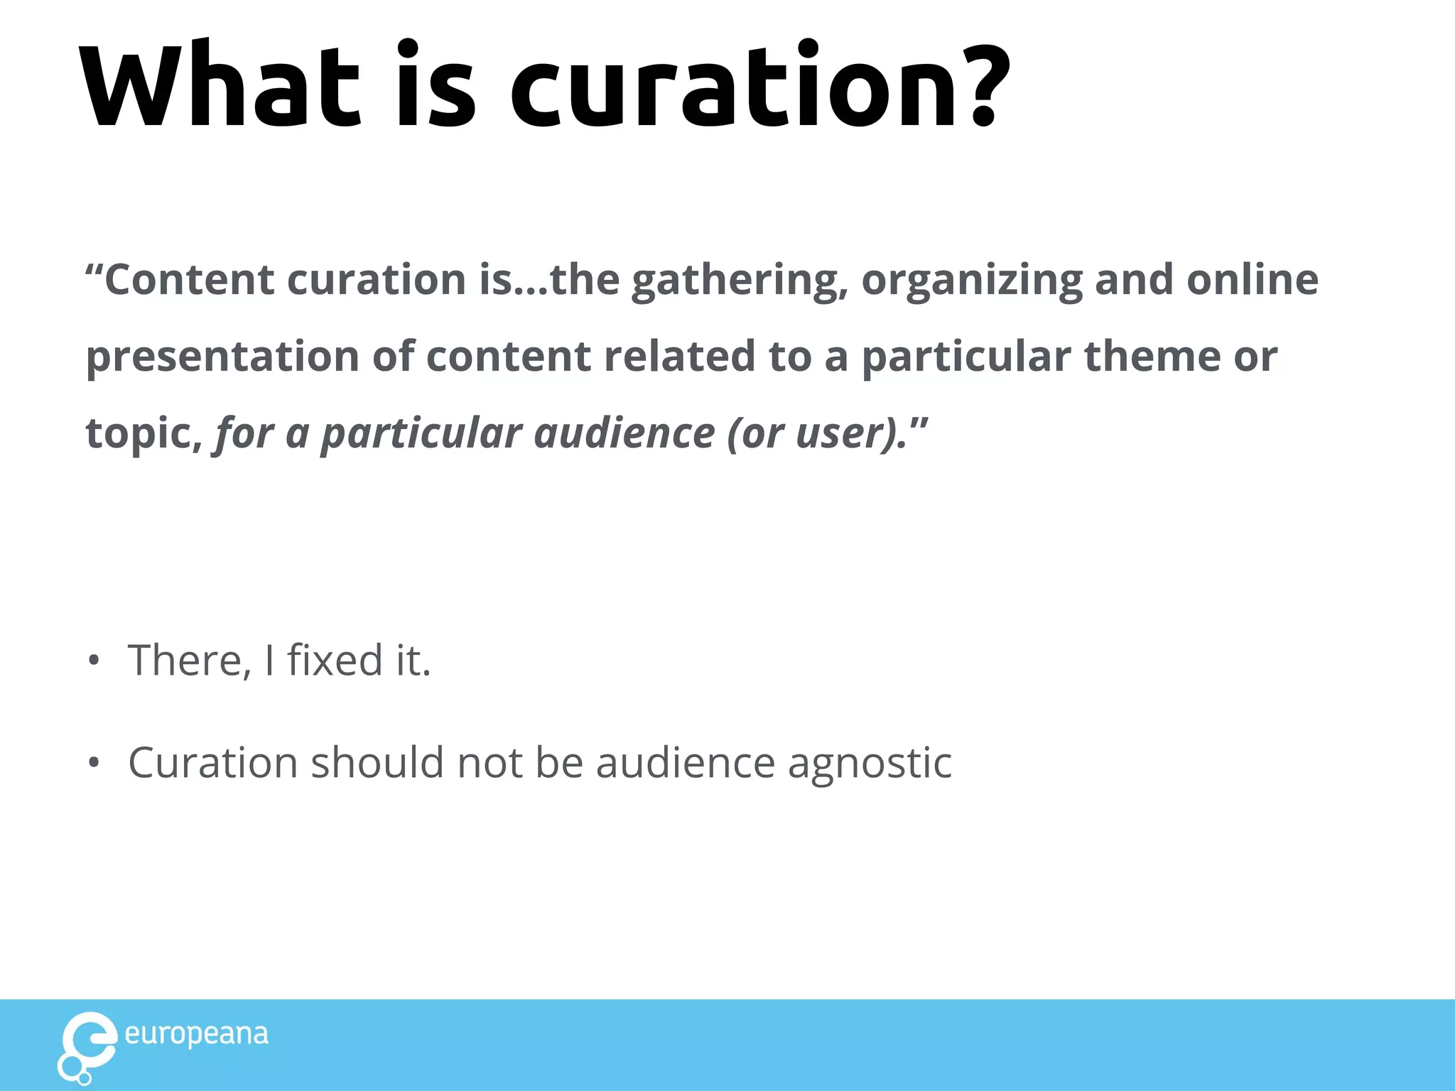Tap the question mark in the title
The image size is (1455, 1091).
tap(983, 85)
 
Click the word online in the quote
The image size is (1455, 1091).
tap(1253, 280)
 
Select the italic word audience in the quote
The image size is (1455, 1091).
tap(624, 433)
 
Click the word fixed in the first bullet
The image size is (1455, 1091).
tap(335, 660)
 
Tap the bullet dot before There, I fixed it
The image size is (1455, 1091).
tap(94, 661)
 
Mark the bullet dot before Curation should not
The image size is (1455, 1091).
tap(94, 764)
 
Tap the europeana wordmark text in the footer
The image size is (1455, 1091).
tap(197, 1035)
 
